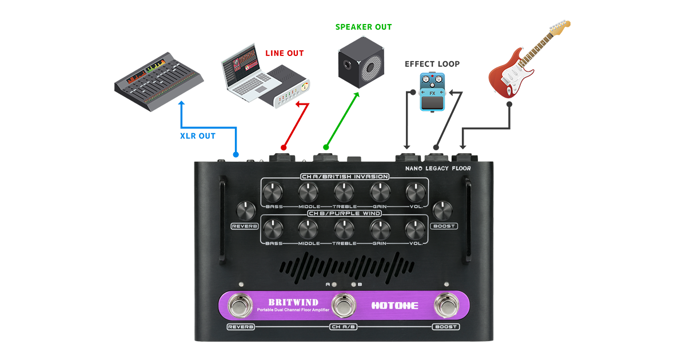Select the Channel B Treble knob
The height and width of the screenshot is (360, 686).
[x=344, y=228]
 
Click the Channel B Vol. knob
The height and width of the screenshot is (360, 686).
[x=414, y=228]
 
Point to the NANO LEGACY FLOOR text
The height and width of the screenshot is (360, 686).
[x=438, y=169]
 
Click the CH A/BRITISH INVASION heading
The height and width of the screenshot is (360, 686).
[x=345, y=177]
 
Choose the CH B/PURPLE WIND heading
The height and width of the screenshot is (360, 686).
[x=345, y=214]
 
